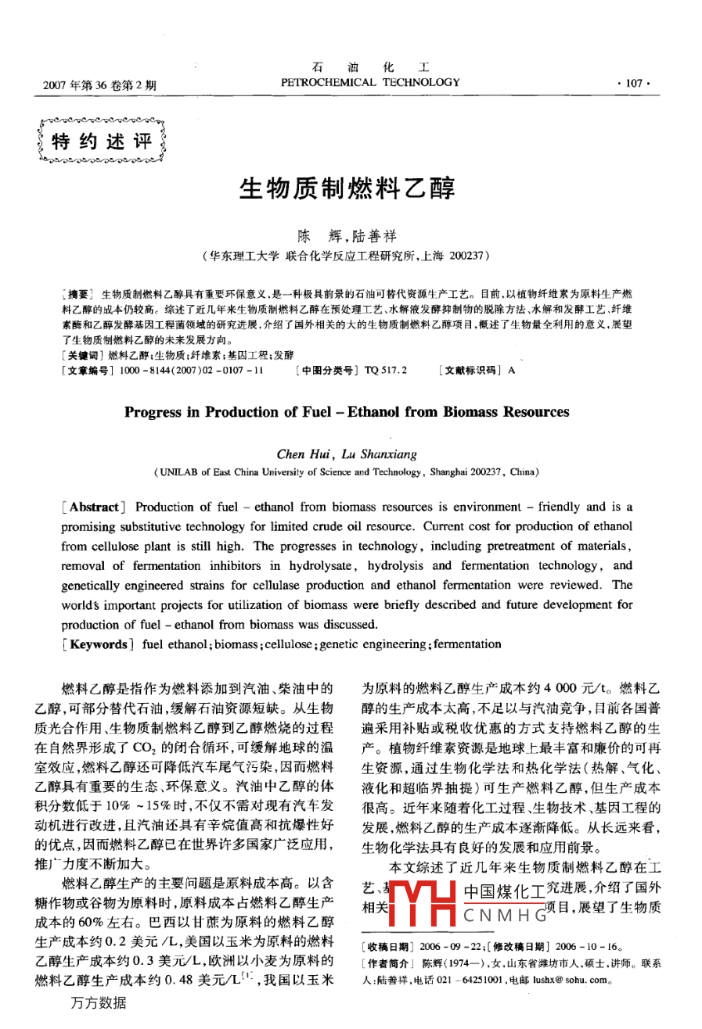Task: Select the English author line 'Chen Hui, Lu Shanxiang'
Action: pyautogui.click(x=350, y=454)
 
